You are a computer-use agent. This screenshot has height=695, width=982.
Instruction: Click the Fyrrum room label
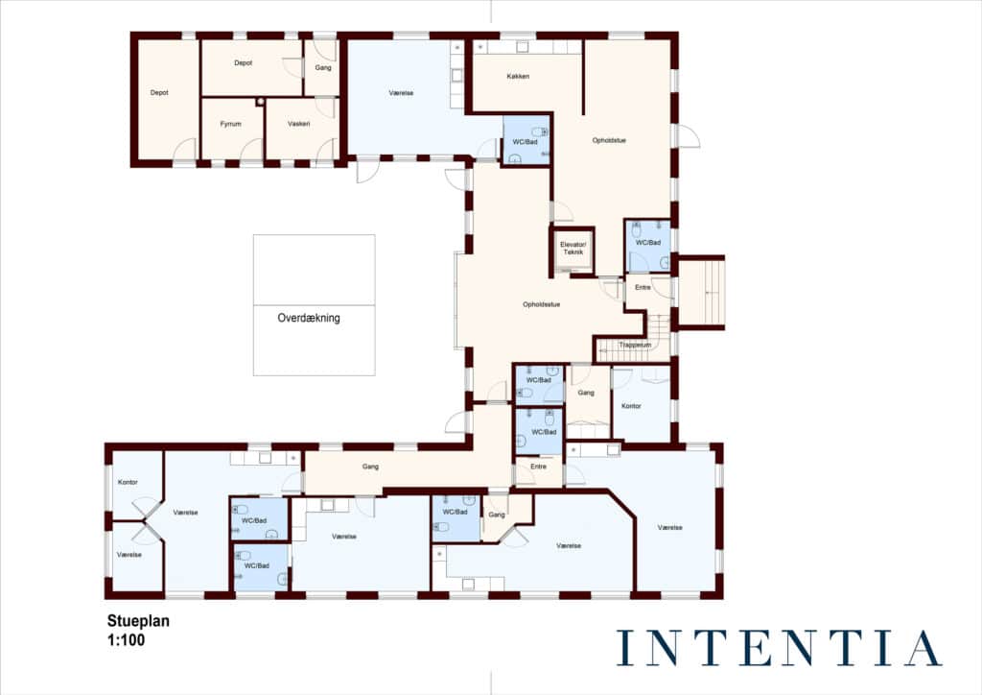230,124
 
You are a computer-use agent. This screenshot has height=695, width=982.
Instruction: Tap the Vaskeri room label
299,124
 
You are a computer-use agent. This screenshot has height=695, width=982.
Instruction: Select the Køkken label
518,77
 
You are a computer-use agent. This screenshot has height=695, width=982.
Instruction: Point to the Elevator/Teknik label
573,249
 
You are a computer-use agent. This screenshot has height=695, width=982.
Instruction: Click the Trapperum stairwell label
635,345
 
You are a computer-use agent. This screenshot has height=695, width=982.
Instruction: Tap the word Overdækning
309,318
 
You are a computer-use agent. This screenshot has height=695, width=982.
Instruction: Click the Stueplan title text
138,621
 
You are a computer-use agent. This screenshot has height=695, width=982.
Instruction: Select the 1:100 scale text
126,640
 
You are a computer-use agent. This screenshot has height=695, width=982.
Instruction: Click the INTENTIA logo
779,648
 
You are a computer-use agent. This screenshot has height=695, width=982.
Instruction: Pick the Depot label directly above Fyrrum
243,63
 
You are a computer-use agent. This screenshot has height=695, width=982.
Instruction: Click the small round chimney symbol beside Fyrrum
260,102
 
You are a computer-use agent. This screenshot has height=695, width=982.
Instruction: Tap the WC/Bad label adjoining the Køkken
525,142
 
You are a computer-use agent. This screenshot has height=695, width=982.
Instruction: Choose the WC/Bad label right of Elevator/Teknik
648,243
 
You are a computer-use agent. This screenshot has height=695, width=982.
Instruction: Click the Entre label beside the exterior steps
643,288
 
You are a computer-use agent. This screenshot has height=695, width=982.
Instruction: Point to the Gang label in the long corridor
370,467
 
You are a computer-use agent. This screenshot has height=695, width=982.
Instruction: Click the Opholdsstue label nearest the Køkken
609,140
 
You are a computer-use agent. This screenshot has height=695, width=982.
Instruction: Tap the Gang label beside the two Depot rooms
323,68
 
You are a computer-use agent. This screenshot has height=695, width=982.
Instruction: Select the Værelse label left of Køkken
401,93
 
